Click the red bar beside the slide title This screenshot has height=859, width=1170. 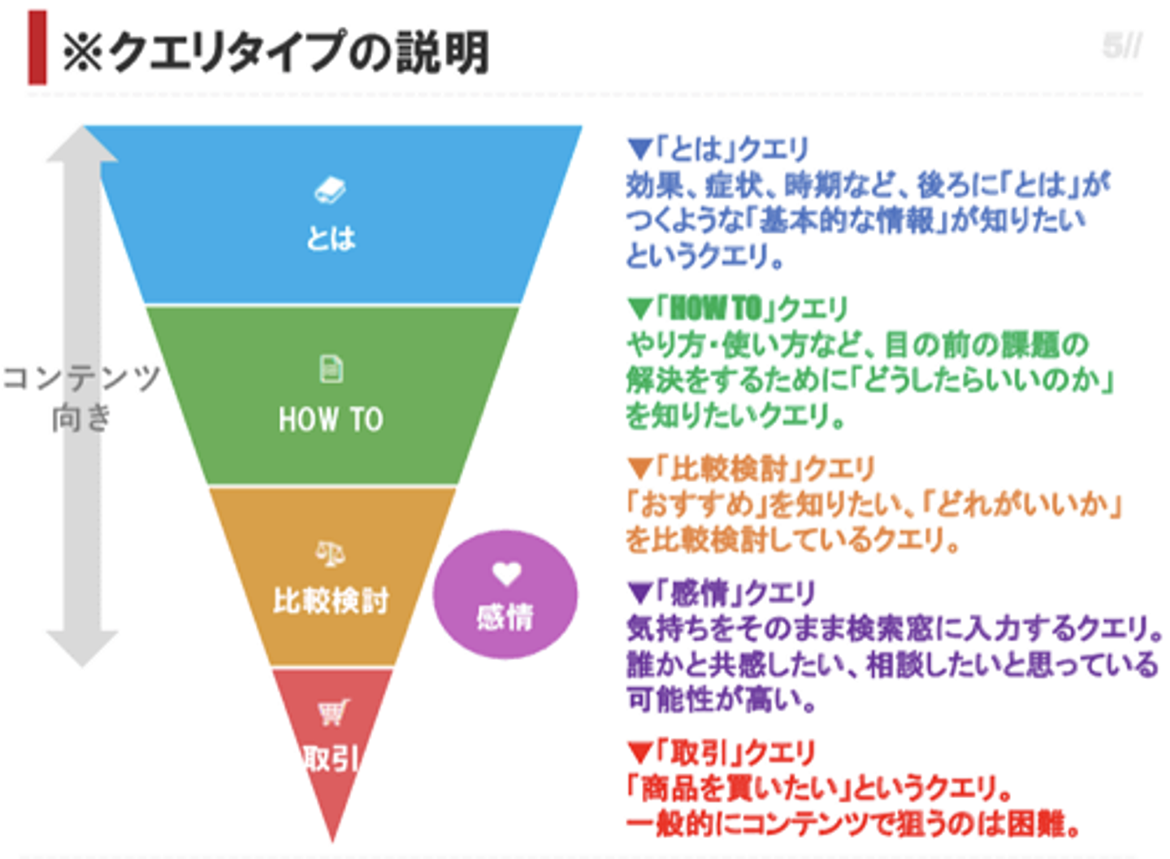[x=37, y=48]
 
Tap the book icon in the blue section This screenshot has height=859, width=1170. [x=330, y=191]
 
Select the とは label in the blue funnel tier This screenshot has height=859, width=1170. [x=331, y=238]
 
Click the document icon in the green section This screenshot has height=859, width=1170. [x=331, y=369]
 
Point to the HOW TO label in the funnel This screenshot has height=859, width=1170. [x=331, y=419]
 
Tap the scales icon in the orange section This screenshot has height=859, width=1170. [x=330, y=553]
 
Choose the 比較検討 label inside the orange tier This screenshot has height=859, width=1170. [x=331, y=601]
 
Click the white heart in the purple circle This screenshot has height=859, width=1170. [x=506, y=574]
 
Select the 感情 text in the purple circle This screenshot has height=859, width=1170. [x=505, y=618]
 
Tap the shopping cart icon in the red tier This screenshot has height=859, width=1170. [x=332, y=713]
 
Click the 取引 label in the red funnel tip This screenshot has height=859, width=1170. [x=331, y=758]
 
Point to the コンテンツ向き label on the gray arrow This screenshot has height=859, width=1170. [x=81, y=397]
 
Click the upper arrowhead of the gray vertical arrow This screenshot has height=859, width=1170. [x=82, y=146]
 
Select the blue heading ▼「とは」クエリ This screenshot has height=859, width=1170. [x=718, y=149]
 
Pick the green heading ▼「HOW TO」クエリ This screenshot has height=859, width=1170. [x=738, y=308]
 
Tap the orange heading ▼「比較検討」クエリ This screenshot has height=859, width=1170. [x=751, y=468]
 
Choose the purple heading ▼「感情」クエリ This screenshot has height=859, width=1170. [x=721, y=592]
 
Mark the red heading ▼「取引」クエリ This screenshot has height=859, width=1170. [x=721, y=752]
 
